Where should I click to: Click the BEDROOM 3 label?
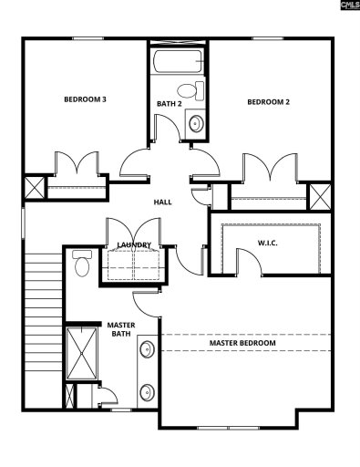click(x=86, y=99)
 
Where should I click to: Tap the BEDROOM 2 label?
click(x=269, y=102)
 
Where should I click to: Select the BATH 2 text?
click(x=169, y=104)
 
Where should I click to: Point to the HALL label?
click(x=163, y=202)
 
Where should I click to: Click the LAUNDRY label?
click(x=134, y=245)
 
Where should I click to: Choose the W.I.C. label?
click(x=268, y=243)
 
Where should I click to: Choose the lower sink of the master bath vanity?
click(x=147, y=393)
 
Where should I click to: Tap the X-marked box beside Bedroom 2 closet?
click(x=320, y=197)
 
